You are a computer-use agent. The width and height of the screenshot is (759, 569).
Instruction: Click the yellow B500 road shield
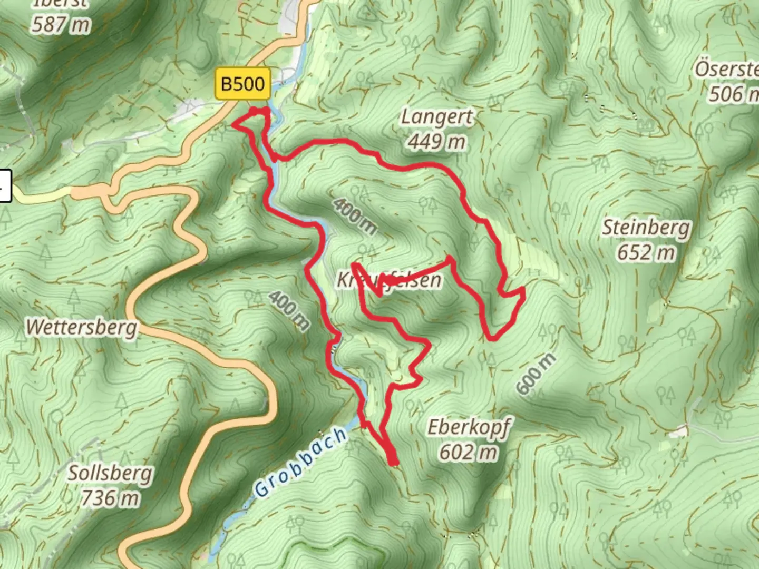pyautogui.click(x=242, y=83)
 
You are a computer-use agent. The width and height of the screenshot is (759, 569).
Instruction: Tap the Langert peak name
pyautogui.click(x=436, y=116)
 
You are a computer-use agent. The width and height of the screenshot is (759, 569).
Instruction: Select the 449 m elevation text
pyautogui.click(x=436, y=142)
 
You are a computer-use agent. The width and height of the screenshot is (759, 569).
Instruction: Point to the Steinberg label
pyautogui.click(x=646, y=228)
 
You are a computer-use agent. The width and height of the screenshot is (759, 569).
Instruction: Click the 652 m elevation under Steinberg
pyautogui.click(x=646, y=253)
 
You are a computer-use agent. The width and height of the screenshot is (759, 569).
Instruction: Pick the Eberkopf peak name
pyautogui.click(x=469, y=427)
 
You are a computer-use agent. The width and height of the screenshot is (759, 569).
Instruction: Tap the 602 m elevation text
pyautogui.click(x=469, y=452)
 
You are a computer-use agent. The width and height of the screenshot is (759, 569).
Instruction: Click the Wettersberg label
pyautogui.click(x=81, y=327)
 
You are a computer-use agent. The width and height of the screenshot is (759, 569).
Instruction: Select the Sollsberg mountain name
pyautogui.click(x=110, y=473)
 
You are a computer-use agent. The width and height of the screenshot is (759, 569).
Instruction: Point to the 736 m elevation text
pyautogui.click(x=110, y=498)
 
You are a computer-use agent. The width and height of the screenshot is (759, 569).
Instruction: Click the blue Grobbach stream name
pyautogui.click(x=301, y=463)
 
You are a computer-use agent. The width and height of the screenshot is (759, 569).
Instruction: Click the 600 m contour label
pyautogui.click(x=536, y=374)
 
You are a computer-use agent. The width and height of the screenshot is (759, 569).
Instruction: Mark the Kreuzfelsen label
pyautogui.click(x=389, y=280)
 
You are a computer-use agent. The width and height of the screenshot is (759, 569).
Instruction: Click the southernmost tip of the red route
pyautogui.click(x=393, y=463)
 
